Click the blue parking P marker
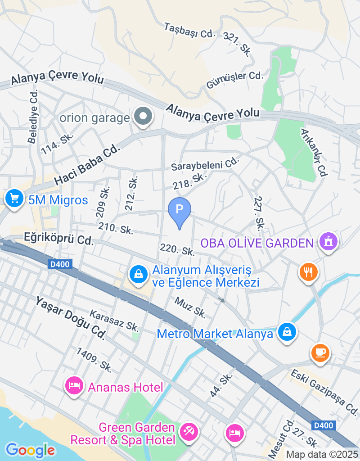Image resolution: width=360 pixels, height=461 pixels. [x=180, y=210]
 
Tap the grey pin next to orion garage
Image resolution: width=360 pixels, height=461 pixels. [x=143, y=117]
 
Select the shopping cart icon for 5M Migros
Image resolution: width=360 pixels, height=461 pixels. [x=14, y=198]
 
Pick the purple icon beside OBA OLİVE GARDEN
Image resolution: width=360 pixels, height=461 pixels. [x=328, y=242]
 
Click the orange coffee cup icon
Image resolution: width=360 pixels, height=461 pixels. [x=320, y=352]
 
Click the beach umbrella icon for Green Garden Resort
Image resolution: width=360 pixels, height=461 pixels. [x=189, y=432]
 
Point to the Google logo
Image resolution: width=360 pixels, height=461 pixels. [x=30, y=450]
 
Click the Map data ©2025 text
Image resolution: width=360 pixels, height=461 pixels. [x=322, y=455]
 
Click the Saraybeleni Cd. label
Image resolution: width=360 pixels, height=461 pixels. [x=204, y=164]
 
